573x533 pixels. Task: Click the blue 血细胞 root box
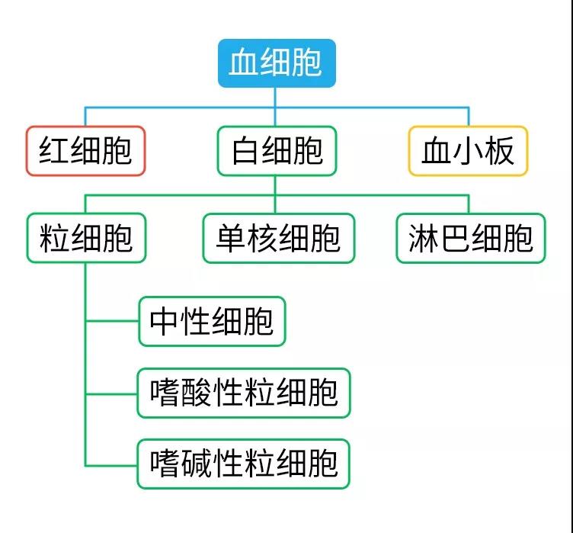(275, 63)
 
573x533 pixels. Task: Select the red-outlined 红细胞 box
(85, 150)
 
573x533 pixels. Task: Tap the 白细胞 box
(277, 150)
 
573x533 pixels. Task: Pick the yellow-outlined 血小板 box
(468, 150)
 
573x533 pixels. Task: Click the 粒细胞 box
(85, 239)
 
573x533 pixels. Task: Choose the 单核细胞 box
(278, 239)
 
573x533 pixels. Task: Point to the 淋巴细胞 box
(471, 239)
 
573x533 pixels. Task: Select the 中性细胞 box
(212, 321)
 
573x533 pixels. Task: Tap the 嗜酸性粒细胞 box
(244, 393)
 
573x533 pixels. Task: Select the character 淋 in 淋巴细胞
(424, 239)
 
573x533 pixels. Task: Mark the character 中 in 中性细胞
(165, 321)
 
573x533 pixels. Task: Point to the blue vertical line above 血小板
(468, 116)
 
